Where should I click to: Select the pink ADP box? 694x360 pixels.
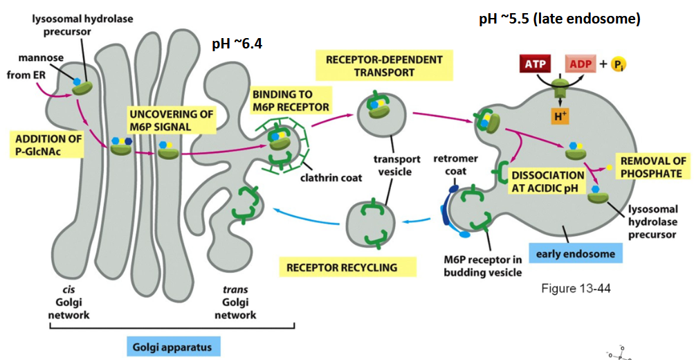click(x=580, y=64)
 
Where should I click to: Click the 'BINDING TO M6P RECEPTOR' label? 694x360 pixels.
click(x=291, y=100)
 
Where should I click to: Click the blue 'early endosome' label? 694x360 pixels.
click(x=576, y=253)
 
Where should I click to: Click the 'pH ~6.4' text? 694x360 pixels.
click(x=237, y=44)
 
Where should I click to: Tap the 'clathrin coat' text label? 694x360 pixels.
click(x=331, y=178)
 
